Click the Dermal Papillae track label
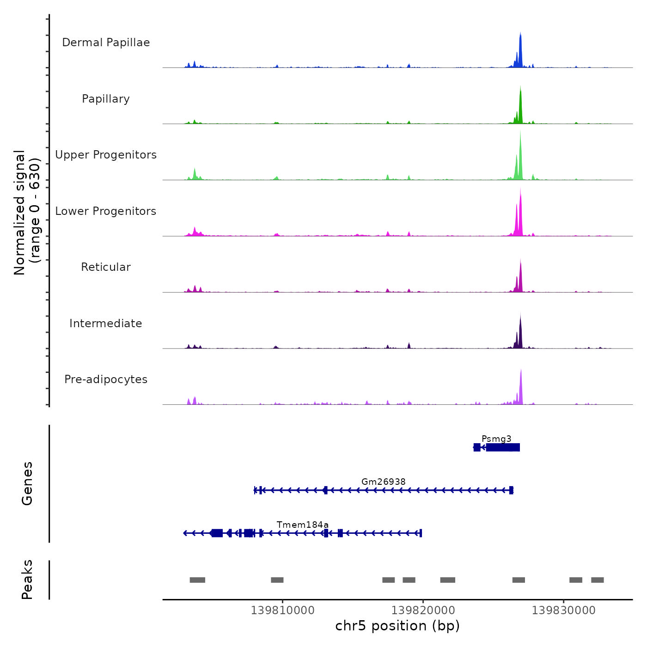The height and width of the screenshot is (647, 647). tap(106, 43)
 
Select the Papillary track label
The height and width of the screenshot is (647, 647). tap(106, 99)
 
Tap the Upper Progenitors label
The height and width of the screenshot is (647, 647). tap(106, 155)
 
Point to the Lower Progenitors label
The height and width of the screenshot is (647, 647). tap(106, 211)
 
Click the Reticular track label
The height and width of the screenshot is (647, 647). tap(106, 267)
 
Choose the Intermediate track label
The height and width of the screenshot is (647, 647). tap(106, 323)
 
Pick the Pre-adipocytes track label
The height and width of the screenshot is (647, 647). tap(106, 379)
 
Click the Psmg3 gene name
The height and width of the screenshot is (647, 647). tap(496, 439)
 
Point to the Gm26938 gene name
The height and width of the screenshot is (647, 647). tap(384, 482)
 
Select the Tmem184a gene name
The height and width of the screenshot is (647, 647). tap(303, 525)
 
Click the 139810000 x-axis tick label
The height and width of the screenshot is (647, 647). tap(282, 610)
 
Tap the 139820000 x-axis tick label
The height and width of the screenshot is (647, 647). tap(423, 610)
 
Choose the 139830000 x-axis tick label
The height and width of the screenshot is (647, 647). tap(563, 610)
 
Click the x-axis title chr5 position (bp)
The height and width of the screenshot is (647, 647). tap(397, 626)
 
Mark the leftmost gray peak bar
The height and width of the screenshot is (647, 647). tap(197, 580)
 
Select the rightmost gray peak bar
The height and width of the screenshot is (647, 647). tap(597, 580)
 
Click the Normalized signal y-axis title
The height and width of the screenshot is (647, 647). tap(27, 213)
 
